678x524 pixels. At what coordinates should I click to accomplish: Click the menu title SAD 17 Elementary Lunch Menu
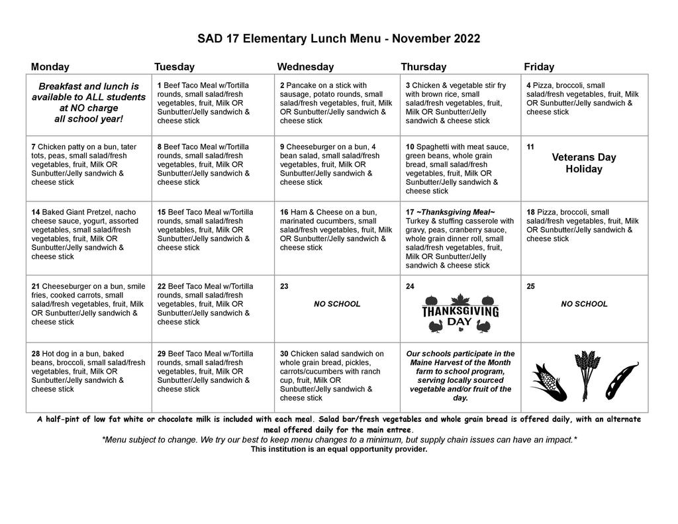tap(338, 38)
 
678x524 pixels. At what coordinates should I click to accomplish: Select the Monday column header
tap(50, 67)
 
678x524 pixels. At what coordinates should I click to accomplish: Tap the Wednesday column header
tap(305, 67)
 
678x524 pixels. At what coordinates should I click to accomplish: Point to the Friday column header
tap(539, 67)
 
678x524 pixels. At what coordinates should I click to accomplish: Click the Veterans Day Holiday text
tap(583, 163)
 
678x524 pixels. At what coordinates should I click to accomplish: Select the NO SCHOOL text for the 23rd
tap(337, 304)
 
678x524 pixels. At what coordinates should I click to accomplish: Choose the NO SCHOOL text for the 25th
tap(584, 304)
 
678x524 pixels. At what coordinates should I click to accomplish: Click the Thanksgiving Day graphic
tap(460, 311)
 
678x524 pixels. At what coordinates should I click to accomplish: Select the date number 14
tap(35, 213)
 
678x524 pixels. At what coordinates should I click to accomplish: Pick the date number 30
tap(284, 354)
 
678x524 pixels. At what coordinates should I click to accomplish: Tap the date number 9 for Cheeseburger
tap(282, 147)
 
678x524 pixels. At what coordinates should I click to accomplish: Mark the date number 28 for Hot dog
tap(35, 354)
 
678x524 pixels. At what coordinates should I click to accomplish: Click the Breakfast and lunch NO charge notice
tap(89, 103)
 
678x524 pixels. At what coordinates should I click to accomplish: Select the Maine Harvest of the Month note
tap(460, 376)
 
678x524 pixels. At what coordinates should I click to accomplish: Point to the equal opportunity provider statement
tap(338, 449)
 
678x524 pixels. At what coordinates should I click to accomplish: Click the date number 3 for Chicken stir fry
tap(408, 85)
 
